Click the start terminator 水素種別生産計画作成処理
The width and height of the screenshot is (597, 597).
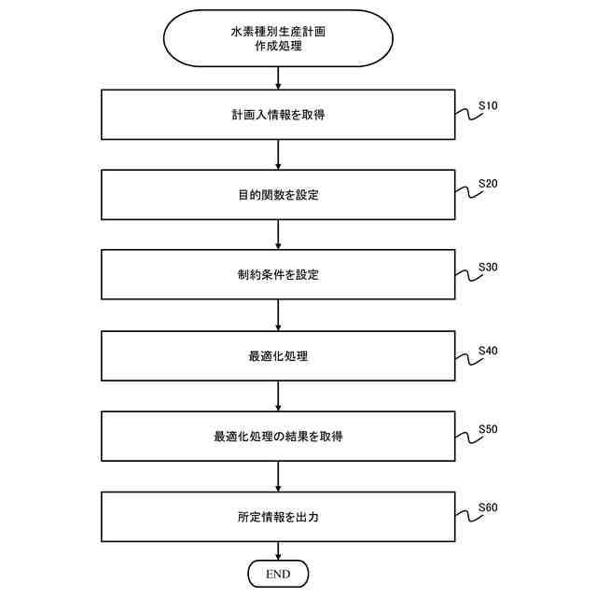click(278, 38)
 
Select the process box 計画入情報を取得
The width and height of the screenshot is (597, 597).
click(278, 115)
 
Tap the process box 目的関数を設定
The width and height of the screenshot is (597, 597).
click(278, 195)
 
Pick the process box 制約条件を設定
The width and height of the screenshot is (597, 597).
click(278, 274)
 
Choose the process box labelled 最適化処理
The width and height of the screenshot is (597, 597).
click(278, 355)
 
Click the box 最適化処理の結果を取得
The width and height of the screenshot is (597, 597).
click(278, 435)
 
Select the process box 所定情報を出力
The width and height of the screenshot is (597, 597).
click(278, 515)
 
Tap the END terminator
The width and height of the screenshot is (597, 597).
click(278, 572)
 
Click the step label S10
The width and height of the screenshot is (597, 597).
click(488, 105)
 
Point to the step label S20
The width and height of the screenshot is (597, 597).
click(488, 184)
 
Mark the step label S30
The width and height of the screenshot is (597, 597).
click(488, 267)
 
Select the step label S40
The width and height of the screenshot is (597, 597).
click(488, 351)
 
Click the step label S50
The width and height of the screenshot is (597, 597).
click(488, 430)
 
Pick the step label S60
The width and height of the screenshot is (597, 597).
click(488, 508)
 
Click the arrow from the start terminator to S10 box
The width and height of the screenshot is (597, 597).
click(278, 78)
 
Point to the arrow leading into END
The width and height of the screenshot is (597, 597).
click(278, 550)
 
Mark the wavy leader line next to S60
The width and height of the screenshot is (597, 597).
click(466, 516)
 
